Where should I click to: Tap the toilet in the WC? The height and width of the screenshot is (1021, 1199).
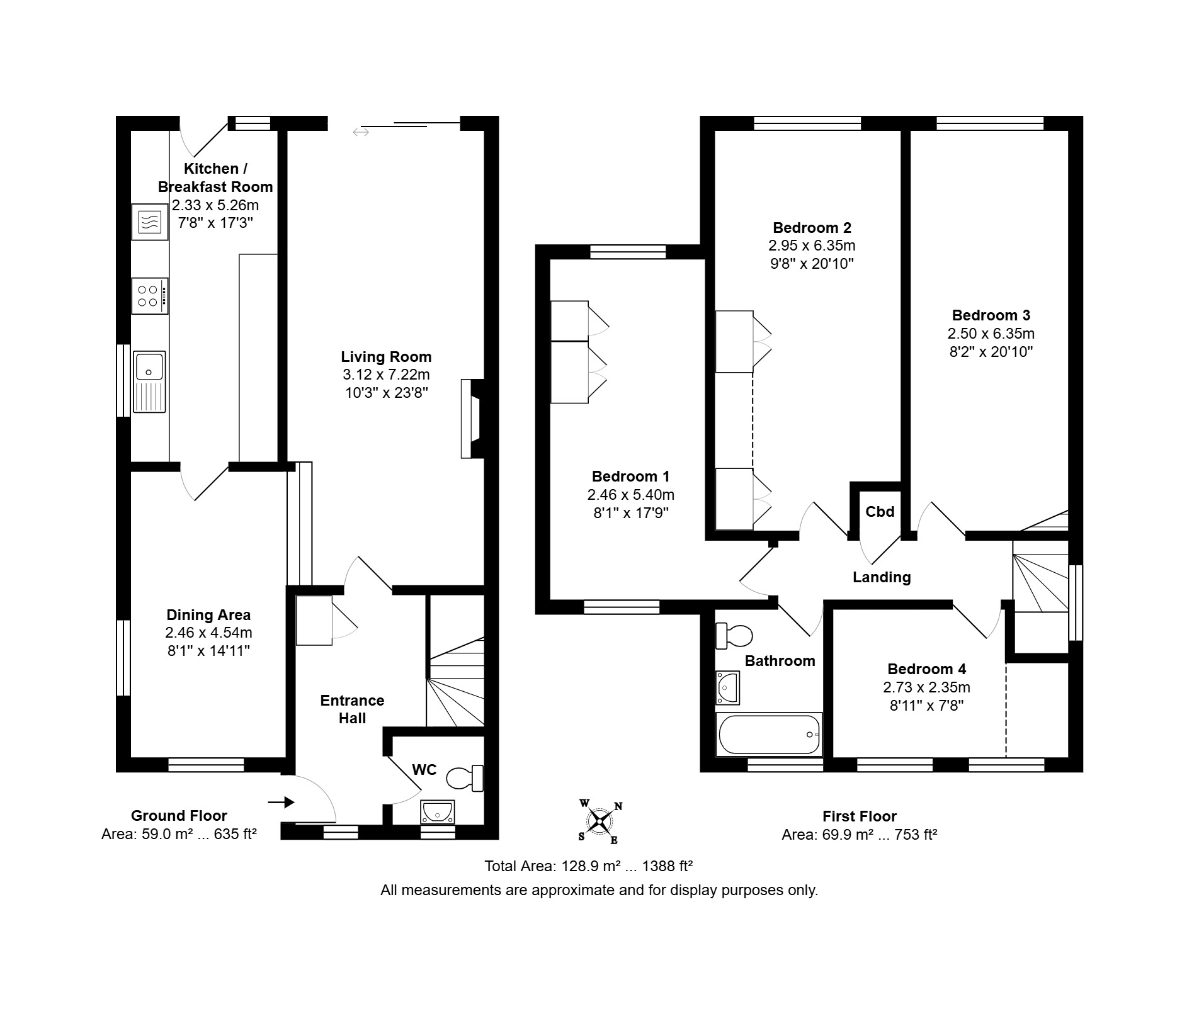tap(465, 778)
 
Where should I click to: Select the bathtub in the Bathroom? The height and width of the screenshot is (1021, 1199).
tap(769, 734)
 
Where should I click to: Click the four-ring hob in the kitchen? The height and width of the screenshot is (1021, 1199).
tap(150, 296)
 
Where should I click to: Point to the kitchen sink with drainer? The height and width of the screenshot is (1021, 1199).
tap(149, 382)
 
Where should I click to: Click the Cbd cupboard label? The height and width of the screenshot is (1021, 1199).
tap(880, 512)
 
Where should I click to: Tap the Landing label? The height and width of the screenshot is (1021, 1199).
tap(882, 577)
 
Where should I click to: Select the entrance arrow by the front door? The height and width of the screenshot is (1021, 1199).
tap(281, 802)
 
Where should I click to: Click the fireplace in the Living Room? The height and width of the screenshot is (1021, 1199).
tap(472, 419)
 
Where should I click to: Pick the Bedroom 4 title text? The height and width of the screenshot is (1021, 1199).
tap(926, 669)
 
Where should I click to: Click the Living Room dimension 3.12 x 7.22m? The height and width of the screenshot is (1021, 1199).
tap(386, 375)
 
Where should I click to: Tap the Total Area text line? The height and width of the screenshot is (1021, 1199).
tap(588, 866)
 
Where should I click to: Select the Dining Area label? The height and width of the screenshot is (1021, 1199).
tap(208, 615)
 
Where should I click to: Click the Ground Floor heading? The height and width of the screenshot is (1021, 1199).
tap(179, 816)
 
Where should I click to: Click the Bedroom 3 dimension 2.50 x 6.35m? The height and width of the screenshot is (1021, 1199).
tap(991, 334)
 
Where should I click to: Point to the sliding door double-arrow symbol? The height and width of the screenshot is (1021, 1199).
tap(361, 132)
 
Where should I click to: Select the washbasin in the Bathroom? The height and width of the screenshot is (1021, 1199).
tap(728, 687)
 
